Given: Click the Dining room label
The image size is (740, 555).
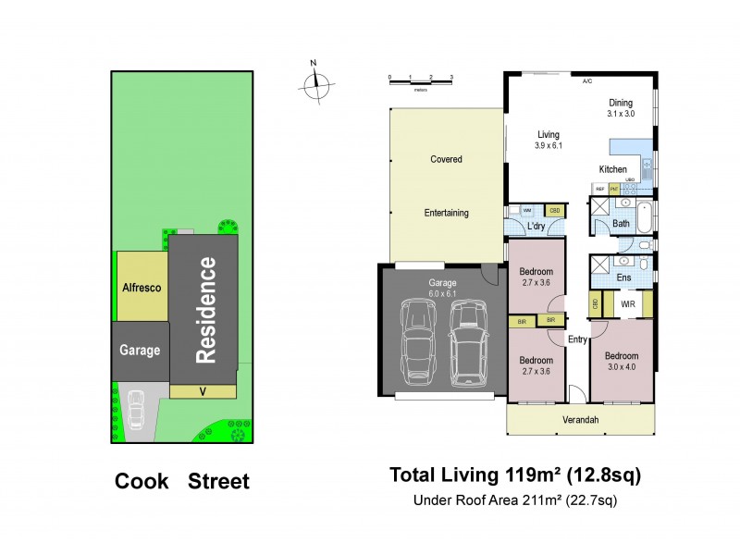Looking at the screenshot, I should coord(621,104).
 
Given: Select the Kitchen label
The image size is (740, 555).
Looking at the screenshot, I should coord(612,169).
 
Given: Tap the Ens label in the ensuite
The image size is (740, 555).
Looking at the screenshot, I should coord(623,277).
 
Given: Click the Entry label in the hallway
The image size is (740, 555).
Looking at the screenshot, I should coord(577,339).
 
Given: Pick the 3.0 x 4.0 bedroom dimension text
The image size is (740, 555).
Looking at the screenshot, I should coord(621,366).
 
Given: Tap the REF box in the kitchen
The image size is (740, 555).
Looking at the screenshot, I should coord(599,189).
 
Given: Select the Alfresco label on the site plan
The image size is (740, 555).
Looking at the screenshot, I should coord(142,288).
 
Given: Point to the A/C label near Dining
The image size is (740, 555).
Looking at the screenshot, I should coord(586,82).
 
